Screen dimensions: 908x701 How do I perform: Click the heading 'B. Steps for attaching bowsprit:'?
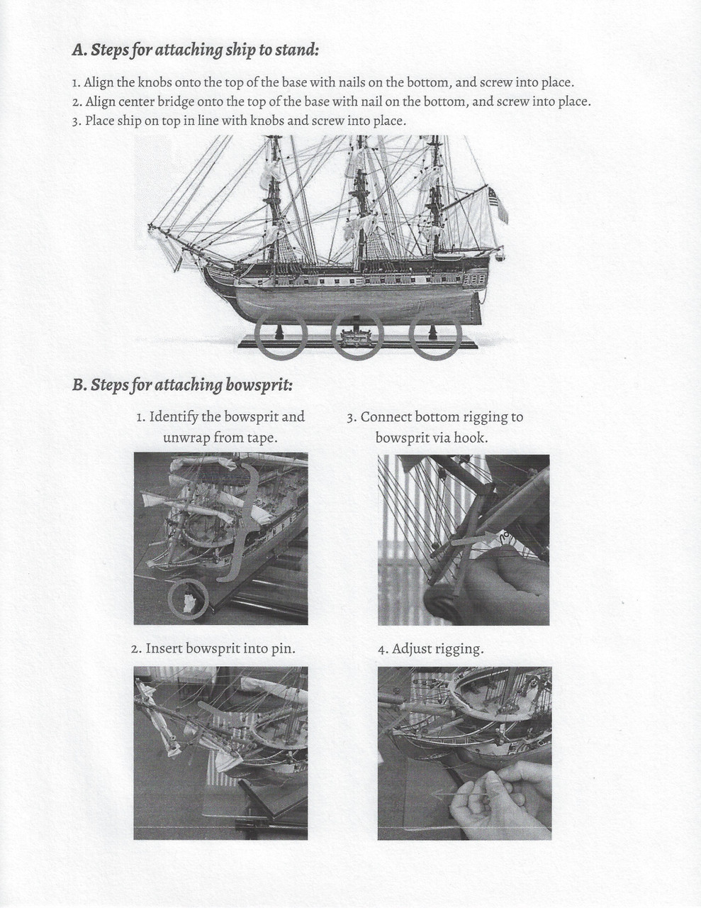click(x=182, y=385)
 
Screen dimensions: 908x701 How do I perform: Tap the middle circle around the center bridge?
click(x=357, y=335)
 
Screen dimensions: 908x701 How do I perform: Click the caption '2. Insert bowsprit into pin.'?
click(x=213, y=649)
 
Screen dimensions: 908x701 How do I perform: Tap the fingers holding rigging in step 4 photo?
click(x=496, y=798)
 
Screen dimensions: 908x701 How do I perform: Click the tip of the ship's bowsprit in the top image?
click(x=150, y=228)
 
